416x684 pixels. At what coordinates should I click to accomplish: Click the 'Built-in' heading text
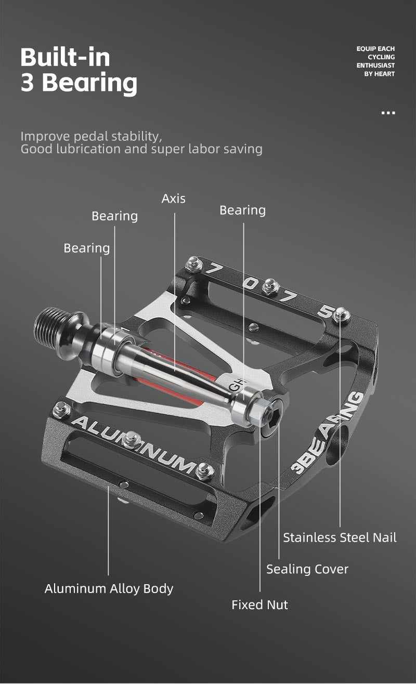(x=66, y=57)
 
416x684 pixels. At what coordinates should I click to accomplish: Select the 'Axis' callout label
(x=173, y=199)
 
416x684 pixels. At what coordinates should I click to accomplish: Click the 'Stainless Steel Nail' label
(x=340, y=537)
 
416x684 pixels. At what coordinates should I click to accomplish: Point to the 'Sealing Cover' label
(x=307, y=569)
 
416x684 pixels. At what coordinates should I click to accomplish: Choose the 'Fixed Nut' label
(x=259, y=604)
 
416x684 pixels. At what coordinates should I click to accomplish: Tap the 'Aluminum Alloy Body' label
(x=109, y=588)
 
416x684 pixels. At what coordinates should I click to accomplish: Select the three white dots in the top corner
(x=388, y=112)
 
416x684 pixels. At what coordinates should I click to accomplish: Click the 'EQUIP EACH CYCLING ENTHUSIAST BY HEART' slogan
(x=375, y=61)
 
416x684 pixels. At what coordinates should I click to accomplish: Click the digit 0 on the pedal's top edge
(x=251, y=284)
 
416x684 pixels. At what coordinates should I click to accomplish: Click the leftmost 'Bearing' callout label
(x=86, y=248)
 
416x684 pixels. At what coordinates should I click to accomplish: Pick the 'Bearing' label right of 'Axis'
(x=242, y=210)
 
